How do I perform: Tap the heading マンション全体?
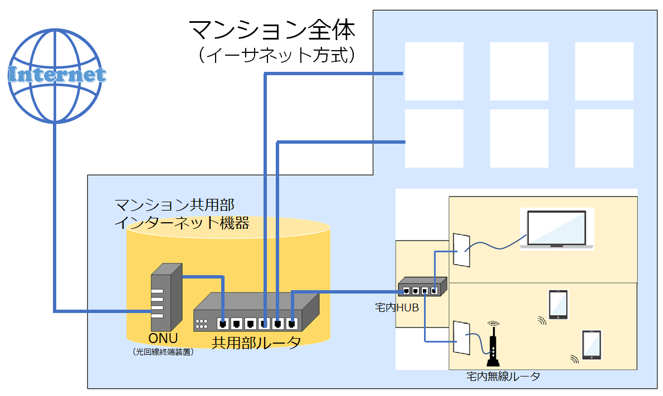coord(271,29)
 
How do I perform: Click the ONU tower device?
coord(166,297)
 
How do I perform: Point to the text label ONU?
coord(163,339)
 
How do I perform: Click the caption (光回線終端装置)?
coord(163,352)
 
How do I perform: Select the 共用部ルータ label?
coord(256,342)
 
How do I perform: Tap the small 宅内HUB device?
coord(422,286)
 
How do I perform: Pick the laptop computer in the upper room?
coord(557,229)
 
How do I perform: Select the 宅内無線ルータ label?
coord(503,377)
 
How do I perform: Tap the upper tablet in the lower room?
coord(558,304)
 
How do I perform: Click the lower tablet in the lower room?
coord(592,345)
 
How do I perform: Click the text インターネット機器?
coord(181,223)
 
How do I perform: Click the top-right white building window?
coord(604,71)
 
